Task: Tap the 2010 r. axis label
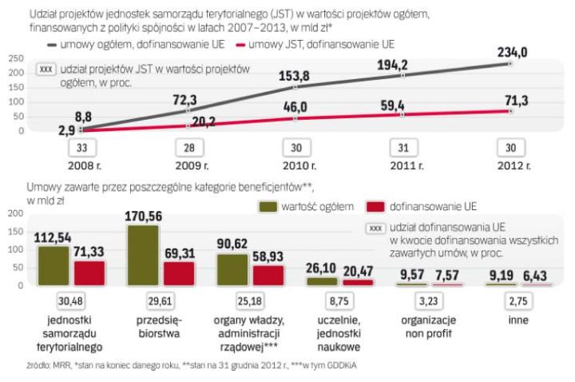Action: (295, 166)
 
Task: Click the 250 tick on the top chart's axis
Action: (13, 58)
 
